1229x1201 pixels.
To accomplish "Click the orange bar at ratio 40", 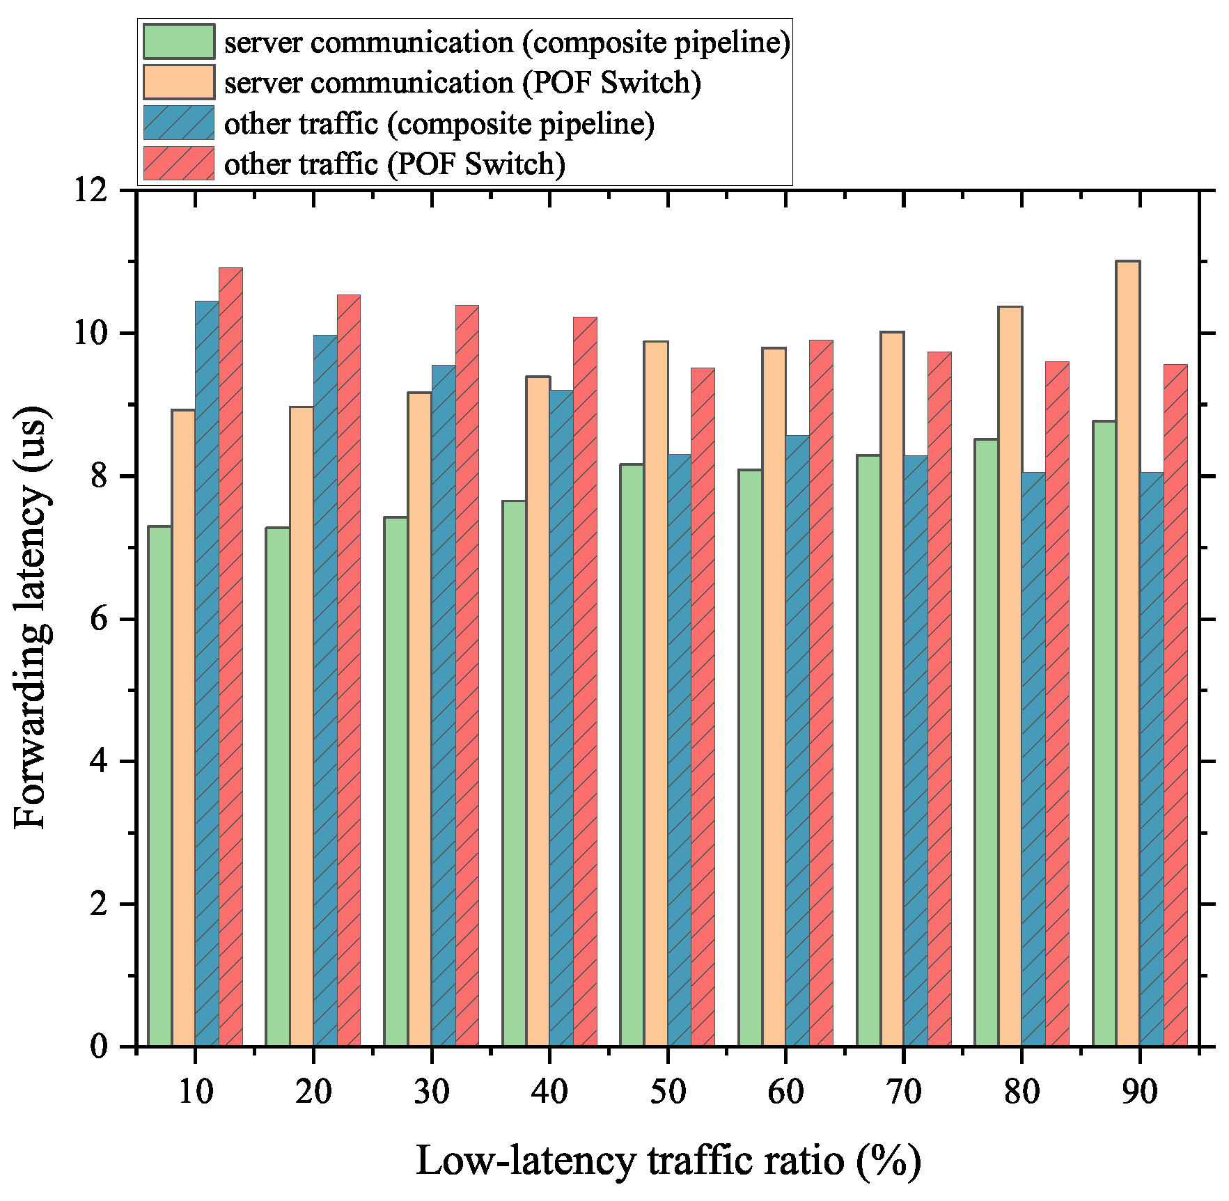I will click(x=538, y=711).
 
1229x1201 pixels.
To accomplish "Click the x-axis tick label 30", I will click(x=432, y=1091).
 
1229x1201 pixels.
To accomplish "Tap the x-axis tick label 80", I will click(x=1021, y=1091).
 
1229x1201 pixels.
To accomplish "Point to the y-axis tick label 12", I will click(x=91, y=190).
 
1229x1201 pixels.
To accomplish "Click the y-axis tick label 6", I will click(x=100, y=619).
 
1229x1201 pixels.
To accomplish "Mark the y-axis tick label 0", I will click(x=100, y=1046).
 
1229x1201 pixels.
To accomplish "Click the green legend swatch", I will click(x=179, y=42).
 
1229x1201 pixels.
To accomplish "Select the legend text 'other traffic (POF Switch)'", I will click(x=395, y=164).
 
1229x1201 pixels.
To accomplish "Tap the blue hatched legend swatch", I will click(x=179, y=123).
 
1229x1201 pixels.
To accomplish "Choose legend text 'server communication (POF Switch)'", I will click(x=462, y=83).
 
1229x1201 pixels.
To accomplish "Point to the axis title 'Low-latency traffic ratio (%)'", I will click(x=668, y=1161).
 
